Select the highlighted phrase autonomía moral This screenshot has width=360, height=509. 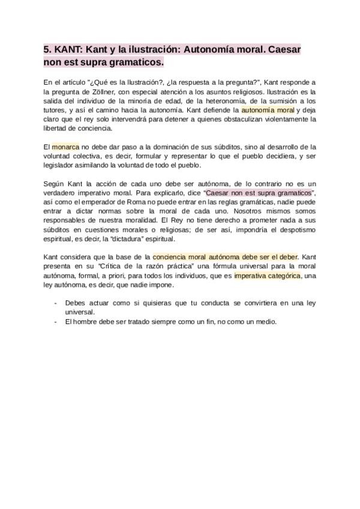click(268, 110)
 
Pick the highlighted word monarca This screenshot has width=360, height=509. click(65, 146)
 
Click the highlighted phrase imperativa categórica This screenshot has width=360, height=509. click(268, 276)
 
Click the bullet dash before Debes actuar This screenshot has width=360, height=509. click(55, 303)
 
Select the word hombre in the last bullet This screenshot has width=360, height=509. click(85, 321)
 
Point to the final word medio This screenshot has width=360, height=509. click(265, 321)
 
